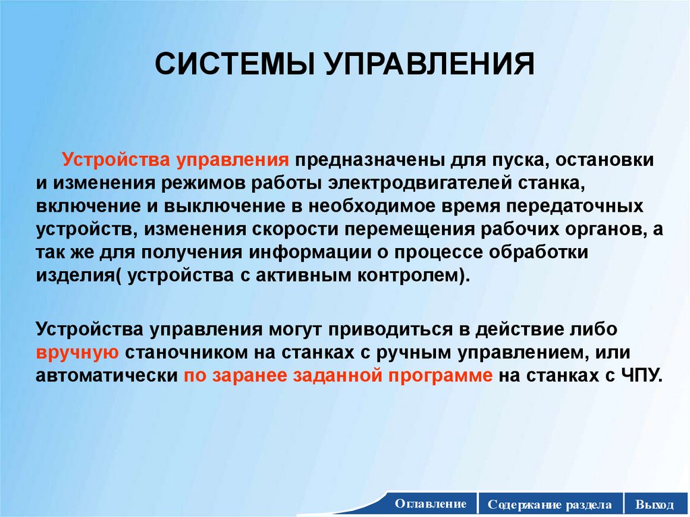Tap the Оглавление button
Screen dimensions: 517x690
click(x=431, y=504)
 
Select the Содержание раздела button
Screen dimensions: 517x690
click(x=550, y=504)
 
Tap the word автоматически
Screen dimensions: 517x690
click(x=106, y=375)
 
